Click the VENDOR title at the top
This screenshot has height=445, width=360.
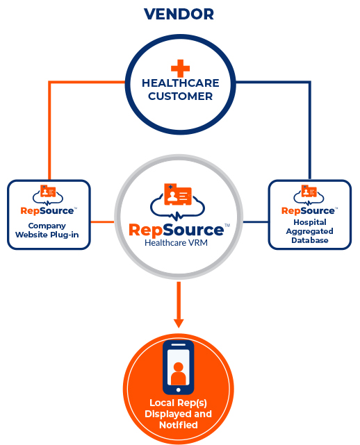tap(179, 14)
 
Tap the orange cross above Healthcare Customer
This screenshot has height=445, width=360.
tap(181, 68)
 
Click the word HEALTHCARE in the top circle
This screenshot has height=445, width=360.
tap(181, 83)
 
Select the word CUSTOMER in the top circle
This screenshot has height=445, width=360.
tap(181, 96)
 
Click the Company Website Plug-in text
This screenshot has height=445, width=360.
tap(47, 230)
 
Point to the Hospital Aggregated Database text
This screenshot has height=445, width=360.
tap(310, 231)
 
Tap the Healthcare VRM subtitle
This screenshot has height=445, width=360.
tap(176, 243)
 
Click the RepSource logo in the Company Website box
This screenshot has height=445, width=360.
tap(49, 201)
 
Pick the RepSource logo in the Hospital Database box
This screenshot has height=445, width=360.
tap(309, 201)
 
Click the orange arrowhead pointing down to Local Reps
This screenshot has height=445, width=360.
tap(179, 324)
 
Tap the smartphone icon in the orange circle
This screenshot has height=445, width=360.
tap(178, 367)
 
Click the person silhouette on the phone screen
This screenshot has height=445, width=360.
tap(178, 373)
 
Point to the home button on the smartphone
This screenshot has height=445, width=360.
tap(178, 390)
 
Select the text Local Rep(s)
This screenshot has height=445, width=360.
tap(178, 403)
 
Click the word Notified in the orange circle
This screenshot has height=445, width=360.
tap(179, 425)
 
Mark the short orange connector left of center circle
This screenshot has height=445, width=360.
tap(102, 221)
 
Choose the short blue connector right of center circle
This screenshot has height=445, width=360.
tap(256, 221)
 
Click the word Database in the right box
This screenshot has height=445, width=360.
tap(310, 240)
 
